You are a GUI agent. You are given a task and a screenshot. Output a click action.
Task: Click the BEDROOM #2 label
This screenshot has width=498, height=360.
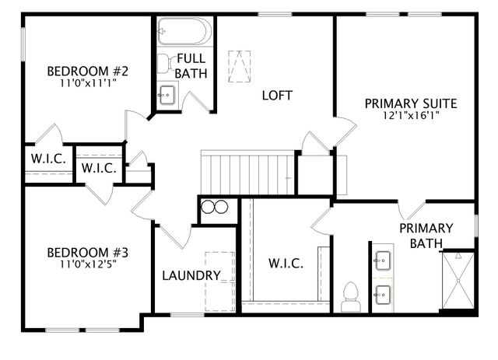87,72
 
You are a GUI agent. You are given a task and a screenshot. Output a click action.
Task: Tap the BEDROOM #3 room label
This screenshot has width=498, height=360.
87,253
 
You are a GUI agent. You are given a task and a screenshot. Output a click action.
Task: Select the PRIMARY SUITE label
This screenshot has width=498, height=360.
410,103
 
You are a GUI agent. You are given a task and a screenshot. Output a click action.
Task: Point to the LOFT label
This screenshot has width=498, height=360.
276,96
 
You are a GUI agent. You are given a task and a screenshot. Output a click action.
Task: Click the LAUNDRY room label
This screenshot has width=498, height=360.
191,275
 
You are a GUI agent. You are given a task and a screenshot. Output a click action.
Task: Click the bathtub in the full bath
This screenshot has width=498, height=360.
184,33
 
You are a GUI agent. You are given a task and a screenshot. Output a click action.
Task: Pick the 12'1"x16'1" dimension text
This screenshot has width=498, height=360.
410,115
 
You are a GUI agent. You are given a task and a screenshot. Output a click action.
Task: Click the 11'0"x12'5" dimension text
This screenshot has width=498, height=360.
87,264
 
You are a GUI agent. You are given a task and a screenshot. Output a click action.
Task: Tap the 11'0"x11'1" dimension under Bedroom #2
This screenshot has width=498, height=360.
87,83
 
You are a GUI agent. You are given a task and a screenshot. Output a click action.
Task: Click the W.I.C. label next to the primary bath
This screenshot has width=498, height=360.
286,263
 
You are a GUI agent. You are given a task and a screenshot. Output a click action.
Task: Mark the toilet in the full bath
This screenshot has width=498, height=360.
166,63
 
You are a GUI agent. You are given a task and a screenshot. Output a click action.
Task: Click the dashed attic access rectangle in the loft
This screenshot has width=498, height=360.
240,65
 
